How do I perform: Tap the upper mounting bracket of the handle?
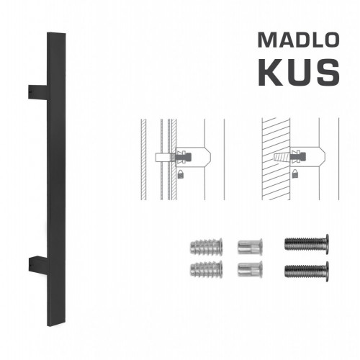37,92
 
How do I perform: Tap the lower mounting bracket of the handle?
37,263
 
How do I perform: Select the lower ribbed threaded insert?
201,271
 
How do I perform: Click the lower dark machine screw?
305,271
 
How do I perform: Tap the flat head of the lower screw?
328,271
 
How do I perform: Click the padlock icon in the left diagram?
178,174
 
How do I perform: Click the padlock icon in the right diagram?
297,174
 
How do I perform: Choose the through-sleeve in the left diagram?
164,156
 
